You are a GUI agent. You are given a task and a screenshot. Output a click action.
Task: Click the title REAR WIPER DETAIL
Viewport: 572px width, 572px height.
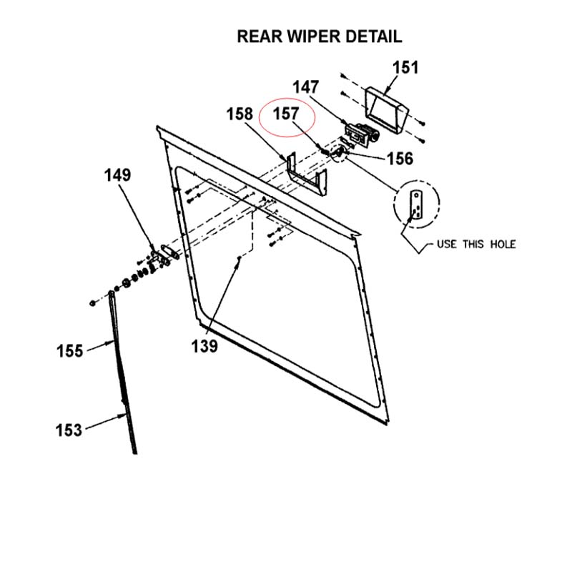click(319, 36)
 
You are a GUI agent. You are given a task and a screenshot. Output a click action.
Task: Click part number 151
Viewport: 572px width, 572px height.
click(405, 68)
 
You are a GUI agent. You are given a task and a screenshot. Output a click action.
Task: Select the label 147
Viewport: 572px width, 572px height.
click(305, 87)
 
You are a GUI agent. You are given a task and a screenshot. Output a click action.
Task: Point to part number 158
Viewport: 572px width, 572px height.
click(240, 114)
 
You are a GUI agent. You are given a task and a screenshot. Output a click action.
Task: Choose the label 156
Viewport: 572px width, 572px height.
click(400, 159)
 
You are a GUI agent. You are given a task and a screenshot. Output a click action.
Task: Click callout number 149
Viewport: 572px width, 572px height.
click(118, 175)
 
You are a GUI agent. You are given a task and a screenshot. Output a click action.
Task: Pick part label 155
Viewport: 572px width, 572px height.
click(70, 350)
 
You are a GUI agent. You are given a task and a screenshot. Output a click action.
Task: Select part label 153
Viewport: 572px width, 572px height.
click(69, 430)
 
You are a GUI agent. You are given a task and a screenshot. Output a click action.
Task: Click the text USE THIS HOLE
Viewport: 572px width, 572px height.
click(475, 245)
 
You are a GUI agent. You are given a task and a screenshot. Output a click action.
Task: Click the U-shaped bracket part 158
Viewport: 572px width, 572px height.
click(307, 178)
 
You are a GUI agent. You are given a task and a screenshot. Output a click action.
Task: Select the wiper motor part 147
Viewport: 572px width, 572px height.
click(362, 134)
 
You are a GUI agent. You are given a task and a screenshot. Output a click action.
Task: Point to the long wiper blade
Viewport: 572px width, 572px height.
click(122, 372)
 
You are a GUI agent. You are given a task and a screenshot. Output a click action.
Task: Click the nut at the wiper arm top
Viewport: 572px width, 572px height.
click(94, 302)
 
